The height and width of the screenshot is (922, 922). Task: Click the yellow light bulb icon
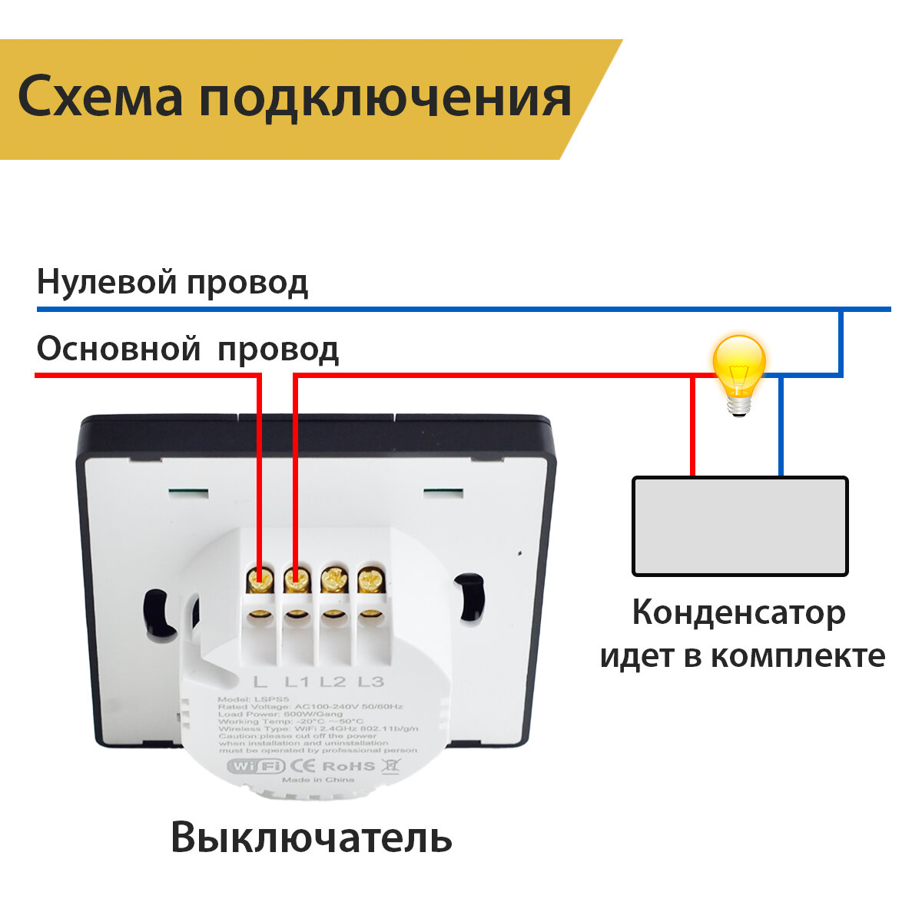click(738, 373)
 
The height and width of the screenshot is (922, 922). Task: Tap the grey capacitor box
click(739, 526)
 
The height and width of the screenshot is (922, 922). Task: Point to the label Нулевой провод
click(172, 283)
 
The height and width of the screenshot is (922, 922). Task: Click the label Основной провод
click(187, 350)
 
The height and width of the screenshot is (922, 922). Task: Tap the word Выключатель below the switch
click(310, 837)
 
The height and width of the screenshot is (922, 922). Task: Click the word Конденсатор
click(739, 613)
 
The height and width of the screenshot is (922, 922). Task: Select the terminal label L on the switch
click(260, 682)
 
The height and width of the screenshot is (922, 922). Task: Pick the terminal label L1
click(297, 682)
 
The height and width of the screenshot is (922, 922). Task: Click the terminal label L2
click(333, 682)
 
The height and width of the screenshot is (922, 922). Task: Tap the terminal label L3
click(370, 682)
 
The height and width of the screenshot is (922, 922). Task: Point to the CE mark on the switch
click(302, 766)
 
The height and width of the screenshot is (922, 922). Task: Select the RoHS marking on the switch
click(348, 766)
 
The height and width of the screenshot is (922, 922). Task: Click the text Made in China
click(318, 780)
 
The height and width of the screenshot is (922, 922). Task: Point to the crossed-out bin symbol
click(391, 765)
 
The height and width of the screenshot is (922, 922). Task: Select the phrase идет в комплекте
click(742, 656)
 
